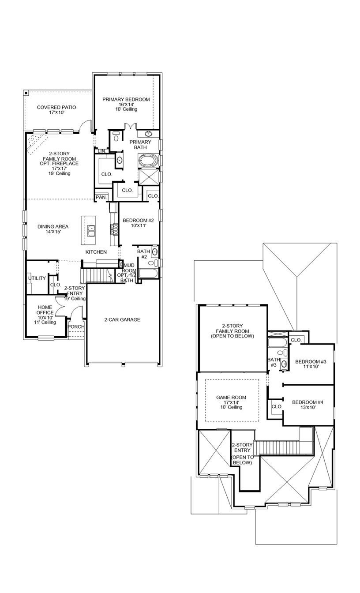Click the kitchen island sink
point(91,229)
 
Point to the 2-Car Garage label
point(122,319)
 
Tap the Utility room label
point(37,278)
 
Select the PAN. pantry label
point(101,197)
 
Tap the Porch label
point(76,327)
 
